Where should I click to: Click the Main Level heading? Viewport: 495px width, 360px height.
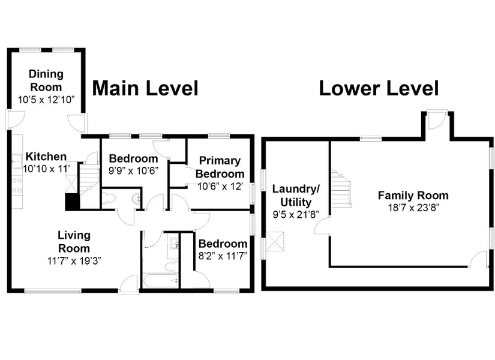coord(145,88)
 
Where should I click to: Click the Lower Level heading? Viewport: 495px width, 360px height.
coord(379,88)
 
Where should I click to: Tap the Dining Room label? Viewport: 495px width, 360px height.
coord(46,80)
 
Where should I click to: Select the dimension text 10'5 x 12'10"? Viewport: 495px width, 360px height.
coord(46,100)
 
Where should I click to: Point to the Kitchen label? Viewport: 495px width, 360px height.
coord(46,157)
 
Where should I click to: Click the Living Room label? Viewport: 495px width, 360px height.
coord(74,242)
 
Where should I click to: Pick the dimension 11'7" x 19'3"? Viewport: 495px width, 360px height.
coord(74,261)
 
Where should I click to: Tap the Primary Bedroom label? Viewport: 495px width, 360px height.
coord(220,167)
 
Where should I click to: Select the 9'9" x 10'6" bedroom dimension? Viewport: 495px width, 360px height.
coord(134,171)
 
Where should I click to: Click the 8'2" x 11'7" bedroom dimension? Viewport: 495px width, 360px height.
coord(223,256)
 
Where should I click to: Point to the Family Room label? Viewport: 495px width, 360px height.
coord(413,196)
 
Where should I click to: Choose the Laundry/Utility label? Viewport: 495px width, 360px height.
coord(296,196)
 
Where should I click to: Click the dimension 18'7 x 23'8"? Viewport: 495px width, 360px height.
coord(413,208)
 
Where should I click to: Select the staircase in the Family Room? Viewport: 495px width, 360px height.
coord(341,188)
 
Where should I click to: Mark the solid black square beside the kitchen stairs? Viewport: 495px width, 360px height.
coord(72,202)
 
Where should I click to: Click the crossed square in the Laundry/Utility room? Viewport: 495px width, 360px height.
coord(275,242)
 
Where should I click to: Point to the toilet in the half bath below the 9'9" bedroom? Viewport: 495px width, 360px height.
coord(109,199)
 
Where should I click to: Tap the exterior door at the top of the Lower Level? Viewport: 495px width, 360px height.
coord(437,119)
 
